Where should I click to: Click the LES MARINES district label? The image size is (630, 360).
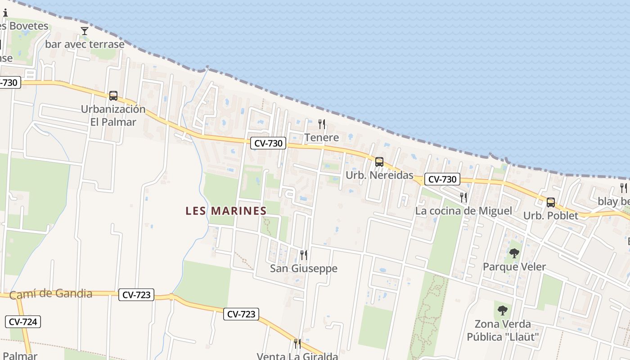[226, 211]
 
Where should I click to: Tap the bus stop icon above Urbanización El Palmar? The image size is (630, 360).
[113, 95]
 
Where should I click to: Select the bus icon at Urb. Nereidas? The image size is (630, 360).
[379, 162]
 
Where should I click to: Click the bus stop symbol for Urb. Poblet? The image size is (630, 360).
[550, 202]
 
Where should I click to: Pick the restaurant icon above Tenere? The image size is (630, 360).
[321, 124]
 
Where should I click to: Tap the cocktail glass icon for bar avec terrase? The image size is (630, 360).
[85, 31]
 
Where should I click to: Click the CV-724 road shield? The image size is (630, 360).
[23, 322]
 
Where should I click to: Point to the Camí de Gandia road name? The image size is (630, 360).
[51, 294]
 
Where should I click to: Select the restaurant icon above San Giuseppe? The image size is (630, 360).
[304, 255]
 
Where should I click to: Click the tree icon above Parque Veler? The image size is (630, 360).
[514, 253]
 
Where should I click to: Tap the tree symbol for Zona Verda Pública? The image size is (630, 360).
[503, 310]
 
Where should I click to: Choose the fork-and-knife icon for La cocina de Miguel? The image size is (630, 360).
[463, 197]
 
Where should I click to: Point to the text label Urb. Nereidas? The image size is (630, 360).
[379, 175]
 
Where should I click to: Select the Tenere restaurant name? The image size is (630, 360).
[321, 137]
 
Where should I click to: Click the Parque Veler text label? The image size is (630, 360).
[514, 267]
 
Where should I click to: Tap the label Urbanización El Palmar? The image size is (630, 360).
[113, 115]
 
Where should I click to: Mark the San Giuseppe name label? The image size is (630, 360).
[303, 269]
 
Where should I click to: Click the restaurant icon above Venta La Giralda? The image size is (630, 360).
[297, 343]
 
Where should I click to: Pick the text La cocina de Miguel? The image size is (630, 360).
[463, 211]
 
